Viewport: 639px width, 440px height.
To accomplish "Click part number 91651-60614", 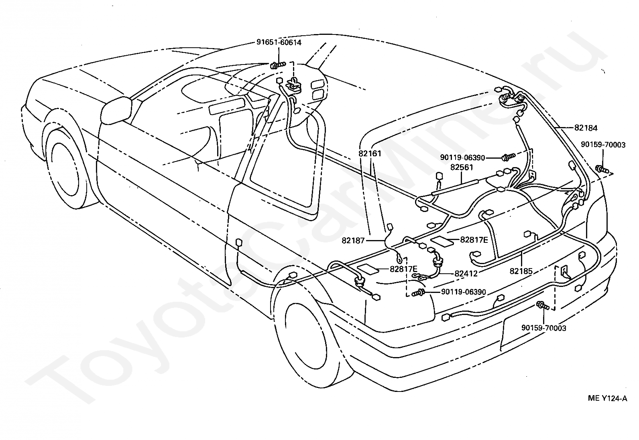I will point(279,42).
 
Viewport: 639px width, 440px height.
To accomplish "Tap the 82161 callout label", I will point(370,153).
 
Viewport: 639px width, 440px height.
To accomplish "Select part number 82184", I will point(586,128).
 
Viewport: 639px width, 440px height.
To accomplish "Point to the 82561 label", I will point(462,167).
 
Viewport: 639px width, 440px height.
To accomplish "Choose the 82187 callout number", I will point(353,240).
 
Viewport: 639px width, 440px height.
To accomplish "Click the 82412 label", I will point(466,274).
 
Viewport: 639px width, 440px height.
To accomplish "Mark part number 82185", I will point(521,271).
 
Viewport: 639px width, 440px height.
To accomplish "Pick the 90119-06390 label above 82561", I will point(463,157).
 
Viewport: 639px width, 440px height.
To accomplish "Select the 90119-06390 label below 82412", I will point(464,292).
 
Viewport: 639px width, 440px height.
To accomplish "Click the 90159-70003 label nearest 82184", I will point(603,145).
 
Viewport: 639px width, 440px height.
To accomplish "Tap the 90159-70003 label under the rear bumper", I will point(544,328).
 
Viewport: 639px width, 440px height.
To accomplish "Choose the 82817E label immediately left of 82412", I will point(403,269).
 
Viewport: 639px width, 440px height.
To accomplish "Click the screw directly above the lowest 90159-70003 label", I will point(542,306).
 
